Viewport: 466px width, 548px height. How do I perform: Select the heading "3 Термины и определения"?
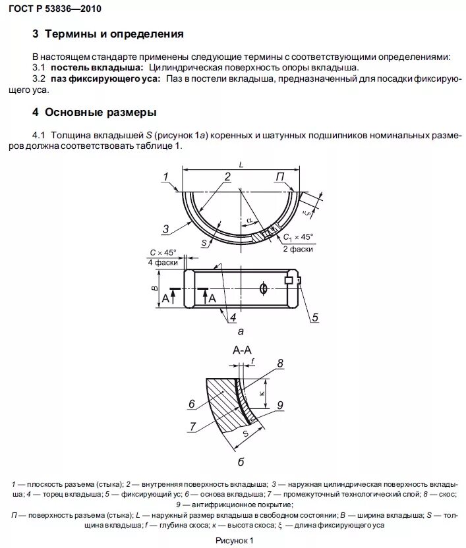click(108, 34)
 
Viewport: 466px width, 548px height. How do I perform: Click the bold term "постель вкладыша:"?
click(97, 68)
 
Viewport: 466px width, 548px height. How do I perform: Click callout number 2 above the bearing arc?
click(227, 176)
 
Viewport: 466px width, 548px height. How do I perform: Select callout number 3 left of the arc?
click(167, 229)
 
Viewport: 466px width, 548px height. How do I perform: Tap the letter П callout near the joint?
click(280, 176)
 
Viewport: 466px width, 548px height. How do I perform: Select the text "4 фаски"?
click(163, 262)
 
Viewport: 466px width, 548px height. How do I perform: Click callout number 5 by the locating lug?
click(315, 317)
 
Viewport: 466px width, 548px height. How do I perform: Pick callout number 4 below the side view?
click(233, 317)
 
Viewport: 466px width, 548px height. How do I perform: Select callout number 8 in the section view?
click(280, 363)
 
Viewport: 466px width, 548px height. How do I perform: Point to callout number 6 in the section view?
click(192, 404)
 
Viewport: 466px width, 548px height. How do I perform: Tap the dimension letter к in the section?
click(262, 393)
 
